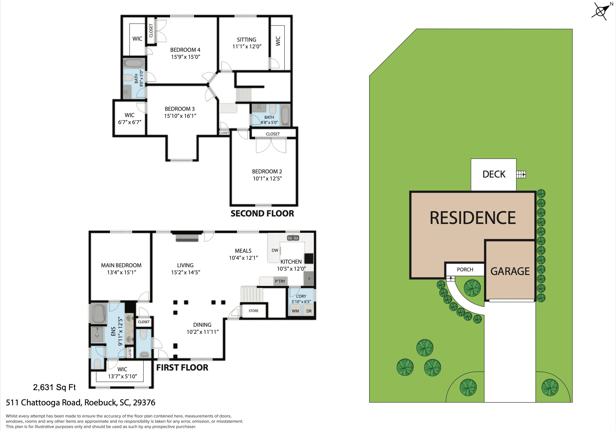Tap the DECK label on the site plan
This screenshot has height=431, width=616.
point(494,174)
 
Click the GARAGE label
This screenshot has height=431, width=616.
point(510,271)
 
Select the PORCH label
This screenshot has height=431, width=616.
point(465,269)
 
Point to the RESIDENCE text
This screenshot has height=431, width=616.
point(473,218)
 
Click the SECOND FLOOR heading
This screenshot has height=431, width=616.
point(262,214)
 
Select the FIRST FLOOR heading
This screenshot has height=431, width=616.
point(182,368)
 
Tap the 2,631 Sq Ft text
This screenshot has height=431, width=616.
point(54,387)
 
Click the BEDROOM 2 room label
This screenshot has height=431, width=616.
point(267,171)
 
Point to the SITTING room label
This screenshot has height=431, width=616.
point(247,40)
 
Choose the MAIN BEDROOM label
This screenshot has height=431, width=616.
point(121,265)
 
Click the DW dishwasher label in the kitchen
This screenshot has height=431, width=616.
point(275,250)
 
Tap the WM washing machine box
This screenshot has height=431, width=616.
point(295,311)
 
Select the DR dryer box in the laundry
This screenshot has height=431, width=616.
point(309,311)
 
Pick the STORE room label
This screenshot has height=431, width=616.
point(254,311)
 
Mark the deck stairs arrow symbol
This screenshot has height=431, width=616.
point(521,175)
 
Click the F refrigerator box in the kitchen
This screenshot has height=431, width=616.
point(309,279)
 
